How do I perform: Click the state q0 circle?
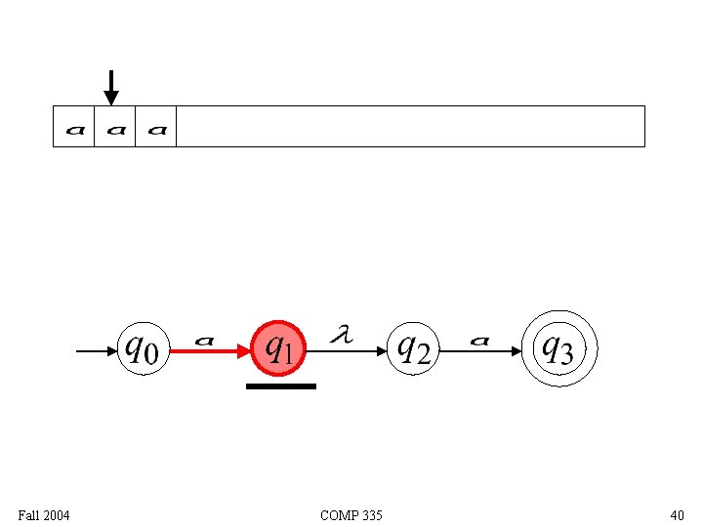point(142,348)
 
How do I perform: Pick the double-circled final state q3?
point(558,348)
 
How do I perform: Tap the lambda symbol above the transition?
point(341,335)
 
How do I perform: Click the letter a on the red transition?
point(204,341)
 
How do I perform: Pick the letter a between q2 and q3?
point(479,341)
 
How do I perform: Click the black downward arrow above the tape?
point(111,87)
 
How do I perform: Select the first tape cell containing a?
point(74,127)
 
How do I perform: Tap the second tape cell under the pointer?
point(115,127)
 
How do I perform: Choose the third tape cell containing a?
point(156,127)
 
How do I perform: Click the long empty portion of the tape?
point(410,127)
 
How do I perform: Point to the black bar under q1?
point(281,386)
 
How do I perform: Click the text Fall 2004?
point(44,514)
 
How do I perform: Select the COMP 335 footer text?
point(351,514)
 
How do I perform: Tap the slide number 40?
point(677,514)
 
